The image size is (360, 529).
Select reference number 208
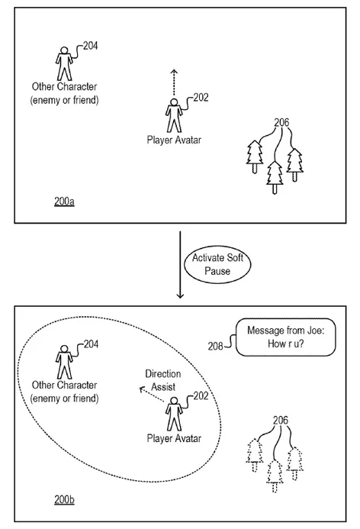tap(217, 346)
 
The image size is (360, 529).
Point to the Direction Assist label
tap(162, 381)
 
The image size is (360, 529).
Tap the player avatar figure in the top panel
tap(173, 116)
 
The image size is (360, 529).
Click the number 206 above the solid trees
tap(281, 122)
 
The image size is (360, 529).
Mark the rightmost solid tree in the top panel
tap(294, 163)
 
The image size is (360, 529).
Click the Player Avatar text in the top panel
tap(173, 140)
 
